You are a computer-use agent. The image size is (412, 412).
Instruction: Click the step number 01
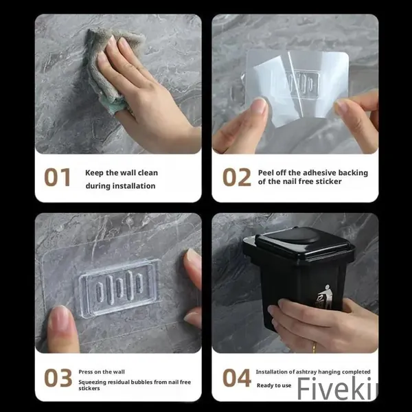click(x=57, y=177)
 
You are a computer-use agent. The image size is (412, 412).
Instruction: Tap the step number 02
click(x=236, y=177)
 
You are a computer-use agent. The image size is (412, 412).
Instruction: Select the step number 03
click(x=58, y=378)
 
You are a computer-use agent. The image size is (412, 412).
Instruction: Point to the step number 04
click(x=236, y=378)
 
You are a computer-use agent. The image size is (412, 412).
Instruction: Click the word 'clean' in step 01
click(x=148, y=173)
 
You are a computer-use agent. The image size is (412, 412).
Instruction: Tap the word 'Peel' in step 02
click(x=265, y=173)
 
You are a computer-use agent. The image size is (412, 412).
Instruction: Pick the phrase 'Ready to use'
click(x=274, y=385)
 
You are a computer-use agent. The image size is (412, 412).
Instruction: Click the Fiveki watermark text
click(x=337, y=389)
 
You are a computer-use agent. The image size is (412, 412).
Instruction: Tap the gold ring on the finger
click(x=314, y=347)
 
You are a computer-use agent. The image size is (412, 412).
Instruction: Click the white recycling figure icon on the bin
click(x=325, y=297)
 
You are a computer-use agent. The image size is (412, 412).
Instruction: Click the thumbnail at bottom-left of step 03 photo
click(x=60, y=319)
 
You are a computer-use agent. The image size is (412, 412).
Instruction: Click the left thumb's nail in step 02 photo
click(x=259, y=105)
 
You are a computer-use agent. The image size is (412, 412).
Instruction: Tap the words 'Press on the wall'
click(x=102, y=372)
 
